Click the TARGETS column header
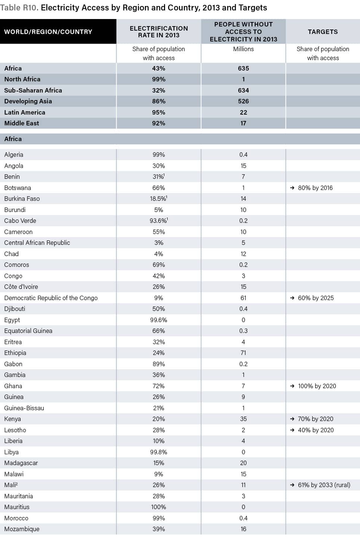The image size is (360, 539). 323,32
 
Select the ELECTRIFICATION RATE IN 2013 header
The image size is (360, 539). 159,32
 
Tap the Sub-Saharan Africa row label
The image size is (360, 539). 33,90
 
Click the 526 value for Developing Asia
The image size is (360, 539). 243,101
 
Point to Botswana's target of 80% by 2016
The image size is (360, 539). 315,188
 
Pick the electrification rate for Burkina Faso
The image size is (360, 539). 158,199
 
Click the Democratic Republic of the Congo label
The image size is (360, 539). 51,298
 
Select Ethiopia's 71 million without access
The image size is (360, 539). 243,353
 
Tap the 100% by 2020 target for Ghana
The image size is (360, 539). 317,386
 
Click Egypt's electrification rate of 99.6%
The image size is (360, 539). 158,320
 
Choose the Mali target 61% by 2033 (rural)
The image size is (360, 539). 324,485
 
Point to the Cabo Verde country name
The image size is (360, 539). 20,221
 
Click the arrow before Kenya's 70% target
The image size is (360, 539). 292,419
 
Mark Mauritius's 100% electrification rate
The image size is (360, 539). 158,507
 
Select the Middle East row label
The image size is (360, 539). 22,123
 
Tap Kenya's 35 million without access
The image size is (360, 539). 243,419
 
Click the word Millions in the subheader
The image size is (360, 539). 243,49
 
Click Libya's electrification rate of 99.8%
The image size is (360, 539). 158,452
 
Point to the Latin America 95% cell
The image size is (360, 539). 158,112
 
